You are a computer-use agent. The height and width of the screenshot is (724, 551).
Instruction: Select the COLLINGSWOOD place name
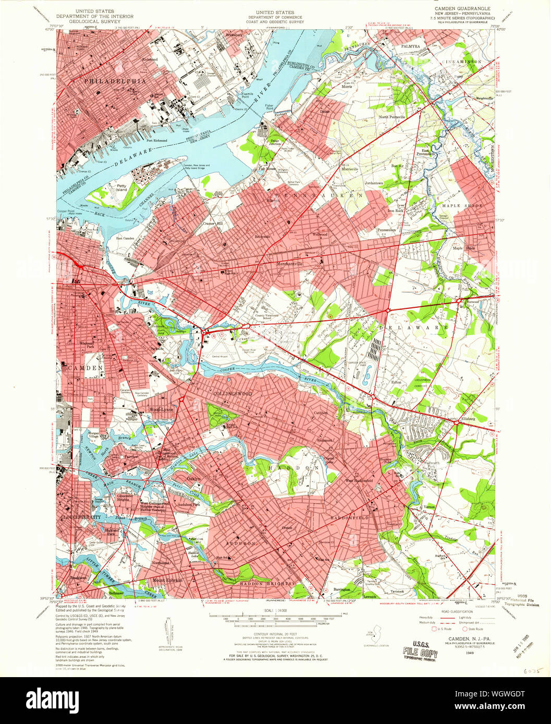(x=232, y=394)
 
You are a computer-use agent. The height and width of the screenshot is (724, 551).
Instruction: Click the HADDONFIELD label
(x=349, y=518)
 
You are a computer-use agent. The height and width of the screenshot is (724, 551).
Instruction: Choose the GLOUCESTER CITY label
(x=81, y=517)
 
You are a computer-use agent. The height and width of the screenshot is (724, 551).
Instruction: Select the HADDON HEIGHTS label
(x=265, y=584)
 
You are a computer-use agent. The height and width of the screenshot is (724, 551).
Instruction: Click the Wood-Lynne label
(x=161, y=409)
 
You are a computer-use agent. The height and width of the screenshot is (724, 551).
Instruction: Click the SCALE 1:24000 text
(x=275, y=610)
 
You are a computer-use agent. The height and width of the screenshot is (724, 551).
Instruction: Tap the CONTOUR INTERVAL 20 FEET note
(x=275, y=633)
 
